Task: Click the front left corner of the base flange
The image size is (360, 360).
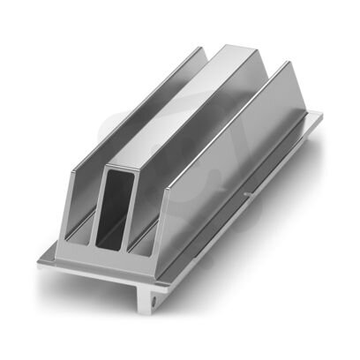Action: (x=39, y=259)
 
